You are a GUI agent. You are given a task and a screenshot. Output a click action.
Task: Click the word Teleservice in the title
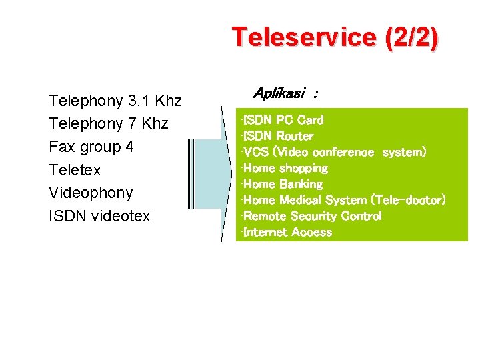(x=305, y=37)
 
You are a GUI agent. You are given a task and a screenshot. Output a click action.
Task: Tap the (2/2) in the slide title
(x=411, y=38)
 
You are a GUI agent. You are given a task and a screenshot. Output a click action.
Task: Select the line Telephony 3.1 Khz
(x=115, y=101)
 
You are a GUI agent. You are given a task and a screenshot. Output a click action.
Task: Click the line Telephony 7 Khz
(x=109, y=124)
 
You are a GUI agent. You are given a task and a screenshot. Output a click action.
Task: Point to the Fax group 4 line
(x=91, y=147)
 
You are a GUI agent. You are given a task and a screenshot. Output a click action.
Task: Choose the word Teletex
(x=75, y=170)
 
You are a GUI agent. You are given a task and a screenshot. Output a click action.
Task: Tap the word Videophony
(x=91, y=193)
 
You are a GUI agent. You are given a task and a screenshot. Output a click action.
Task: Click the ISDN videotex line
(x=100, y=216)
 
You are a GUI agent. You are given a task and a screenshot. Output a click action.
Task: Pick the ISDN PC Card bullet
(x=283, y=120)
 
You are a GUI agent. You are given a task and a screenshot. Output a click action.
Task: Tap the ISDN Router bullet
(x=278, y=136)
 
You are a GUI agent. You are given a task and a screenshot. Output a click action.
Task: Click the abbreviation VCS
(x=256, y=152)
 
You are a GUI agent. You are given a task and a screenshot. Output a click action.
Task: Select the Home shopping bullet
(x=285, y=168)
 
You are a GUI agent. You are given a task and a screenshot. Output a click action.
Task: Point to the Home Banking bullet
(x=283, y=184)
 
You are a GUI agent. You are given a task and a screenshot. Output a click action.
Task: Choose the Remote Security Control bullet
(x=312, y=216)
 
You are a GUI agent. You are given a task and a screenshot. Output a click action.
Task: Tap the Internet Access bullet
(x=287, y=232)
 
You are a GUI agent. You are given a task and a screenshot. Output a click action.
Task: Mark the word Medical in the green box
(x=301, y=200)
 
